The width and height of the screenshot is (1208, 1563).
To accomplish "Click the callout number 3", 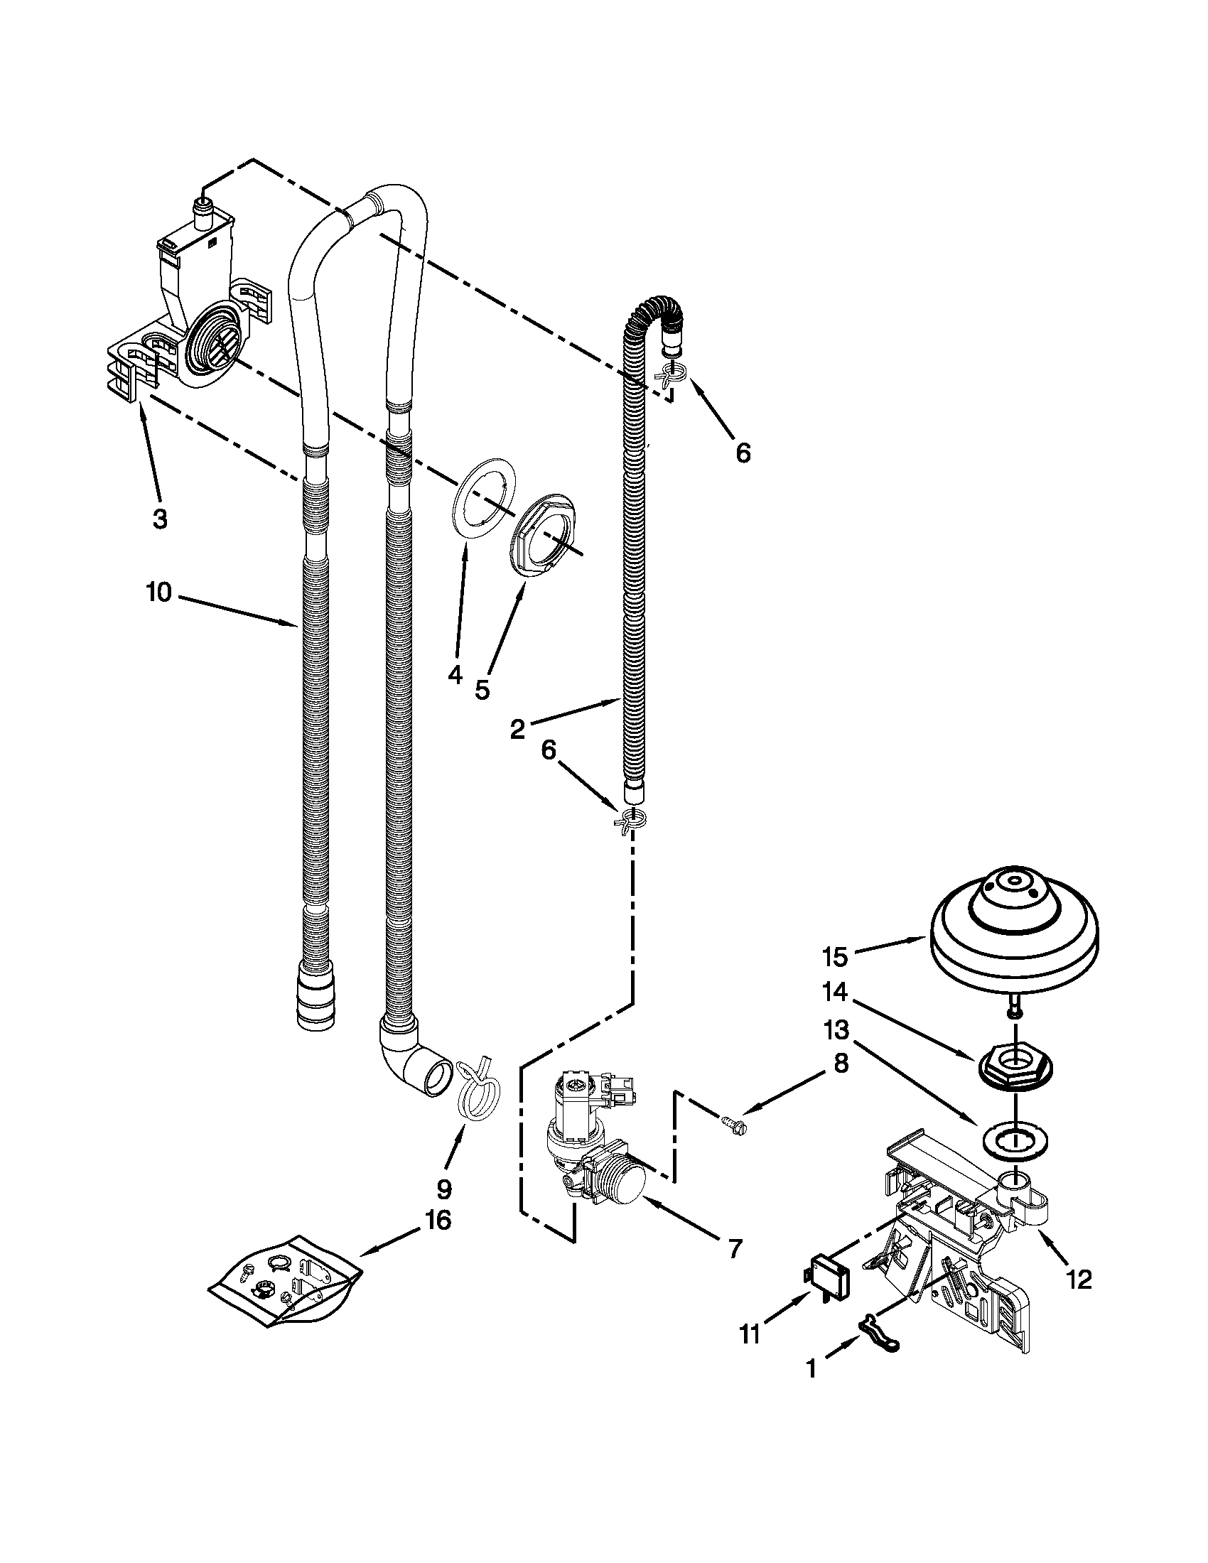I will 160,519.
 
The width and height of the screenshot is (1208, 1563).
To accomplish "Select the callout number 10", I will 159,593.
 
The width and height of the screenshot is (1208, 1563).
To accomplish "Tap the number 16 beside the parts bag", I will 437,1220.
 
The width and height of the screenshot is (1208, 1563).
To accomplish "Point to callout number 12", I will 1079,1280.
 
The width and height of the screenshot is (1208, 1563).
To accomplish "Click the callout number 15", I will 834,956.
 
